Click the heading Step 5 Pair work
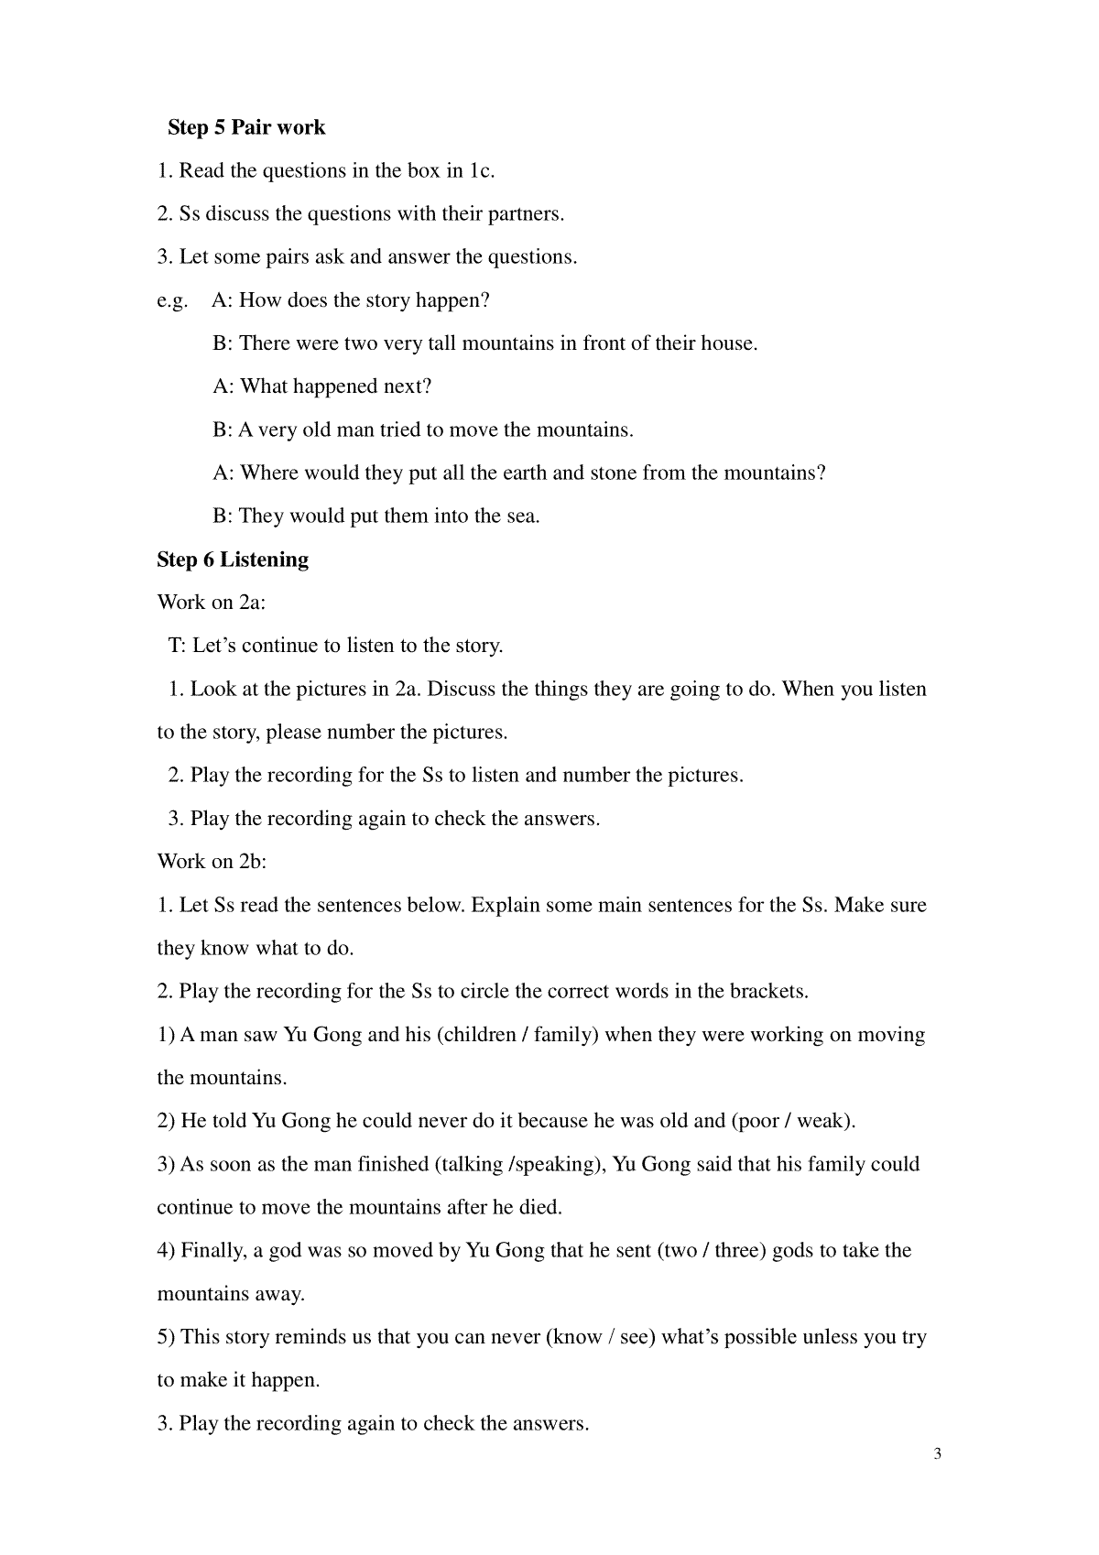pyautogui.click(x=246, y=127)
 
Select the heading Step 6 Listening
pyautogui.click(x=233, y=560)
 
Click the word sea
pyautogui.click(x=521, y=517)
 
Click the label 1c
pyautogui.click(x=481, y=171)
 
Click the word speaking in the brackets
pyautogui.click(x=557, y=1165)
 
